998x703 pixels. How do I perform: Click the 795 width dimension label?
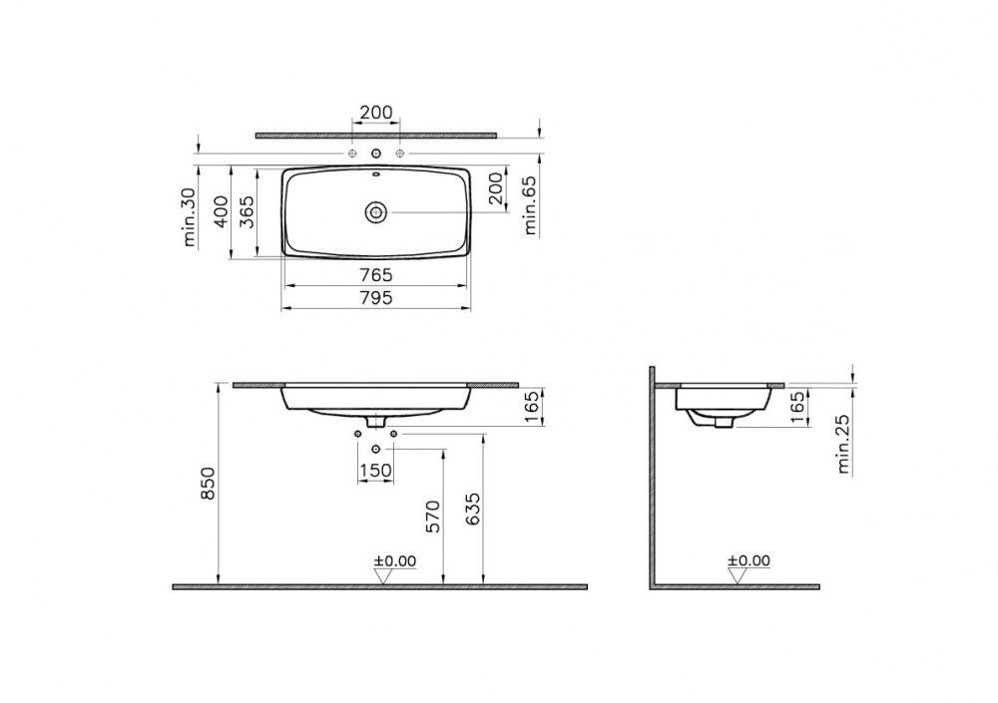click(376, 298)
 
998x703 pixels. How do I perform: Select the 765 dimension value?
click(376, 275)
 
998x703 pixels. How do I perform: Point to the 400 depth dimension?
click(221, 211)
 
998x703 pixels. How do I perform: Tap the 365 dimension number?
click(247, 211)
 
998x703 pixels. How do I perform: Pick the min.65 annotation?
click(530, 204)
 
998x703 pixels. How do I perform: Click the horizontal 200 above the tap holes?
click(376, 114)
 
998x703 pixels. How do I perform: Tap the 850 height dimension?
click(210, 484)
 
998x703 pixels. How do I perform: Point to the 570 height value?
click(433, 517)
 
